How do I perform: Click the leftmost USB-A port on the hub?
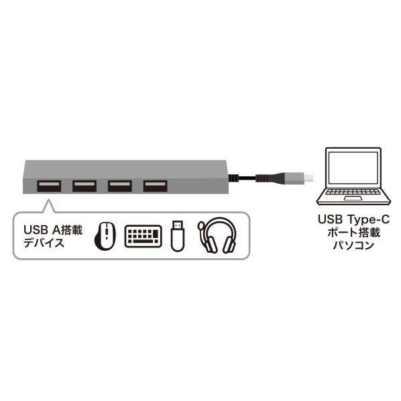click(x=49, y=186)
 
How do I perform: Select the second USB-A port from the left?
click(x=84, y=186)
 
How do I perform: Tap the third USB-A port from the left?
click(x=120, y=186)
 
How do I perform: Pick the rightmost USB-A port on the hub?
click(x=155, y=186)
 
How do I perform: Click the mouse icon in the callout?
click(x=105, y=236)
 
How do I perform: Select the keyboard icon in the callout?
click(x=144, y=236)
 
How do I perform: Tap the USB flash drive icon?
click(x=178, y=236)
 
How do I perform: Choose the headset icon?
click(x=217, y=235)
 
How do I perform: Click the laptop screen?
click(x=353, y=168)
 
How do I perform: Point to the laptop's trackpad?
click(x=353, y=198)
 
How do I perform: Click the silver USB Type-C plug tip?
click(x=308, y=178)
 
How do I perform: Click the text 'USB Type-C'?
click(x=353, y=219)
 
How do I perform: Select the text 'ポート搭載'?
click(x=353, y=233)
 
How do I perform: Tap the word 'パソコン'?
click(x=353, y=245)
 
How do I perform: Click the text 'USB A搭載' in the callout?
click(x=53, y=230)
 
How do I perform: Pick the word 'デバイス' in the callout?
click(x=44, y=243)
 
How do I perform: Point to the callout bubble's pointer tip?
click(x=48, y=200)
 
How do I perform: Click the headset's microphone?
click(x=200, y=226)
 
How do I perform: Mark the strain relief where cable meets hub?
click(x=233, y=178)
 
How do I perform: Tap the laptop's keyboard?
click(x=353, y=192)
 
